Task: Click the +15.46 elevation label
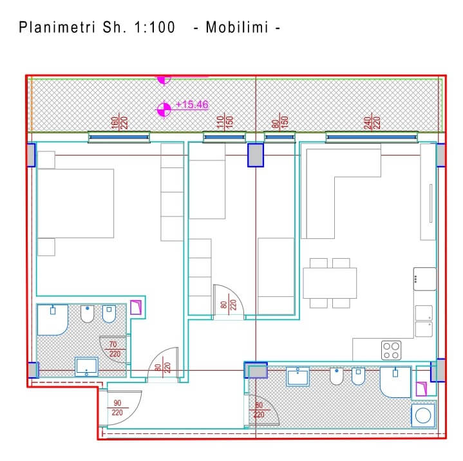192,104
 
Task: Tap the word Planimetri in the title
57,27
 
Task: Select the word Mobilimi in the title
237,27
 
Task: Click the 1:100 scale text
155,27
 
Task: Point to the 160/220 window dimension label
119,122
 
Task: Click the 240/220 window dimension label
372,122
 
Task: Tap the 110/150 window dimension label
225,122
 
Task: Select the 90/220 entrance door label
117,408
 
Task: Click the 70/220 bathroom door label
115,349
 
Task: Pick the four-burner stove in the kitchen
392,350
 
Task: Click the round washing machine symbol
423,415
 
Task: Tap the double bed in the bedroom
75,203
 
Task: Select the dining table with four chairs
330,283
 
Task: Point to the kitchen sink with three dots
425,279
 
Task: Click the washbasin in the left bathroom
86,367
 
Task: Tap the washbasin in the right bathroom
298,376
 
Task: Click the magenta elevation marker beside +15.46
164,109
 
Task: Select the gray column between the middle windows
256,155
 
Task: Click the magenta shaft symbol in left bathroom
136,307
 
